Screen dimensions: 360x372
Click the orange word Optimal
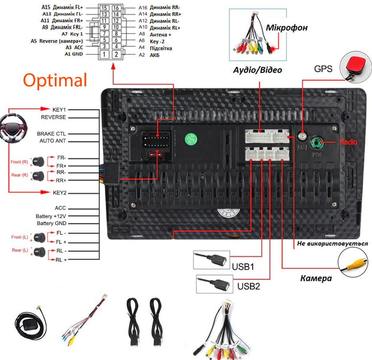click(x=55, y=80)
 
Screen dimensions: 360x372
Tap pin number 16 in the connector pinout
click(x=116, y=8)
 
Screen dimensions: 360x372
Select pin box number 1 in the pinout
click(x=104, y=54)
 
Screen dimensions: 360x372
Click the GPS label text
click(x=323, y=69)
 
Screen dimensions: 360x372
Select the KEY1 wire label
click(x=59, y=109)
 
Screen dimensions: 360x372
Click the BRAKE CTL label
click(x=52, y=134)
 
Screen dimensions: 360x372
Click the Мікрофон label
click(x=287, y=28)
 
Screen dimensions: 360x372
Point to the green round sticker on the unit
click(x=191, y=140)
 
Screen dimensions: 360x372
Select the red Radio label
click(x=348, y=142)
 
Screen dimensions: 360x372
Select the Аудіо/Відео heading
click(x=258, y=70)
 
